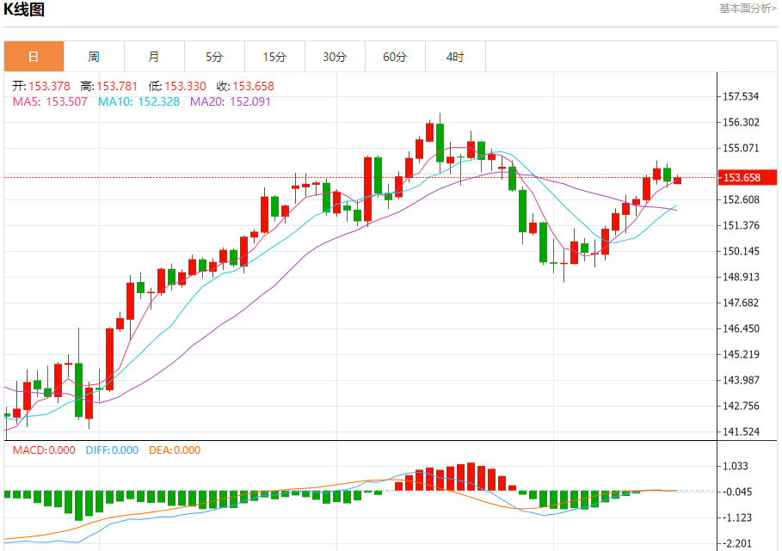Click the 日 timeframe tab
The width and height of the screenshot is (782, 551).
(x=34, y=57)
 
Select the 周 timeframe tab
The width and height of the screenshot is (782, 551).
(x=94, y=57)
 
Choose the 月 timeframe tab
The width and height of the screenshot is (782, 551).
(x=154, y=57)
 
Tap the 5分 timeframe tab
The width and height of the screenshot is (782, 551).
(x=214, y=57)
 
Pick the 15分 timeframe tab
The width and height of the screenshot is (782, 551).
(x=274, y=57)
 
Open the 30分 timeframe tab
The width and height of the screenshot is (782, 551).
(x=335, y=57)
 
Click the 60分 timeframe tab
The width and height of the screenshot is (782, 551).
(x=395, y=57)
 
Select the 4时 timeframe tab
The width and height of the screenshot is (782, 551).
(x=455, y=57)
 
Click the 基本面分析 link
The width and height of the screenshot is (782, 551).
(x=747, y=9)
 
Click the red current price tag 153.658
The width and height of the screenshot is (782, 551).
(x=742, y=178)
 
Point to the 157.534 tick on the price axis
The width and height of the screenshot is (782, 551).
(x=742, y=96)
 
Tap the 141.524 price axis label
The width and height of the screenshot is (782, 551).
(x=742, y=432)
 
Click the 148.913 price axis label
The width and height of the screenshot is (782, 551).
(x=742, y=277)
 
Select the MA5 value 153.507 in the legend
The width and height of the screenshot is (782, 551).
(x=68, y=101)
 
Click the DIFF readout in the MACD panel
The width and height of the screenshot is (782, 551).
(x=112, y=450)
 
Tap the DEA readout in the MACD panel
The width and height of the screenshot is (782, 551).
(x=175, y=450)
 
